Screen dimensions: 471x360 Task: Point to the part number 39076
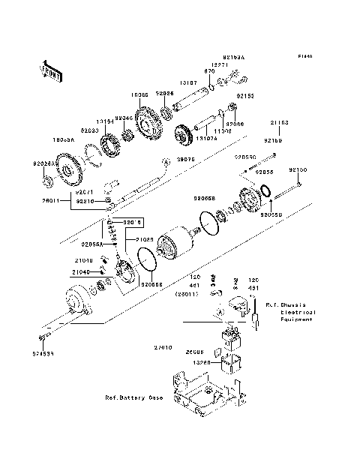[184, 160]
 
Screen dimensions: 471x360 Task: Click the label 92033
[90, 130]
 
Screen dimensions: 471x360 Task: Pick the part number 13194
[105, 120]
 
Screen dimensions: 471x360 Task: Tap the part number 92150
[298, 170]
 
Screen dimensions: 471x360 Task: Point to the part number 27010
[163, 348]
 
